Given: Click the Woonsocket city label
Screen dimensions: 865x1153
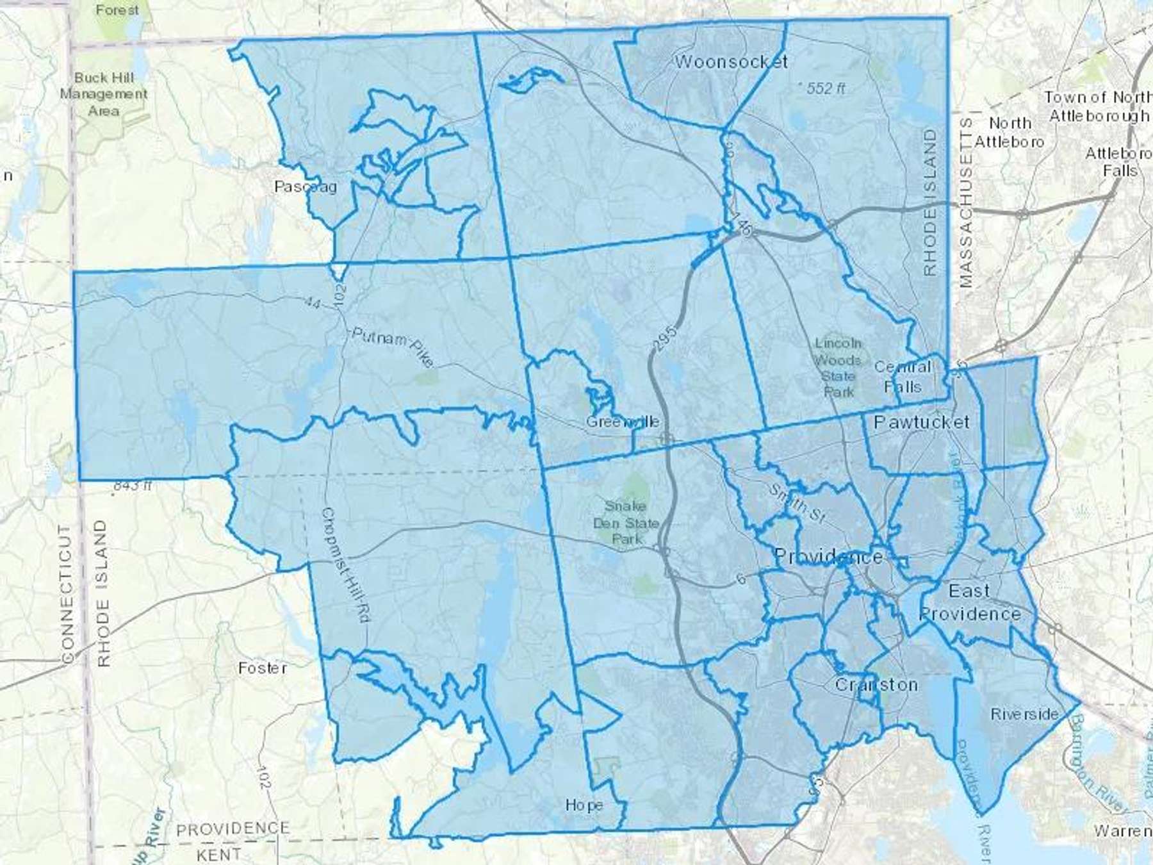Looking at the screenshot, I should pyautogui.click(x=732, y=62).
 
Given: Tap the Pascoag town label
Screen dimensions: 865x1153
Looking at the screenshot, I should pyautogui.click(x=306, y=186).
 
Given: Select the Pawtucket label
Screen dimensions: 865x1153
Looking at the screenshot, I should pyautogui.click(x=921, y=422).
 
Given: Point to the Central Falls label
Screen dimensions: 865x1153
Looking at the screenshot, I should pyautogui.click(x=903, y=377).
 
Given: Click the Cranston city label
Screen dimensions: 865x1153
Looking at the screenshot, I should pyautogui.click(x=876, y=685).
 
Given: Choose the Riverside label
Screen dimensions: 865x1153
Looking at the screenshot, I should pyautogui.click(x=1024, y=714).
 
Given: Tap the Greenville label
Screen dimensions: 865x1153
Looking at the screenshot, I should pyautogui.click(x=623, y=422).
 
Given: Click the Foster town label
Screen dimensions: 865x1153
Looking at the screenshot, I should pyautogui.click(x=262, y=668).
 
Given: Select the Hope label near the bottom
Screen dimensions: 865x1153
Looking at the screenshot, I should pyautogui.click(x=584, y=805).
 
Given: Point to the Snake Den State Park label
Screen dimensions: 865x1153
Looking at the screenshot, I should pyautogui.click(x=626, y=523).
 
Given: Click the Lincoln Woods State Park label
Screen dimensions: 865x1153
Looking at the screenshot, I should pyautogui.click(x=838, y=368).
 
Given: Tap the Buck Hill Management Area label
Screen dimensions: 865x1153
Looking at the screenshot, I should pyautogui.click(x=104, y=94).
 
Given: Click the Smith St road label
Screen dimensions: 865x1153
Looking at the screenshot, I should pyautogui.click(x=798, y=506).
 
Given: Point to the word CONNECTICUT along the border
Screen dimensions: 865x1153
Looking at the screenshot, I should pyautogui.click(x=67, y=594).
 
